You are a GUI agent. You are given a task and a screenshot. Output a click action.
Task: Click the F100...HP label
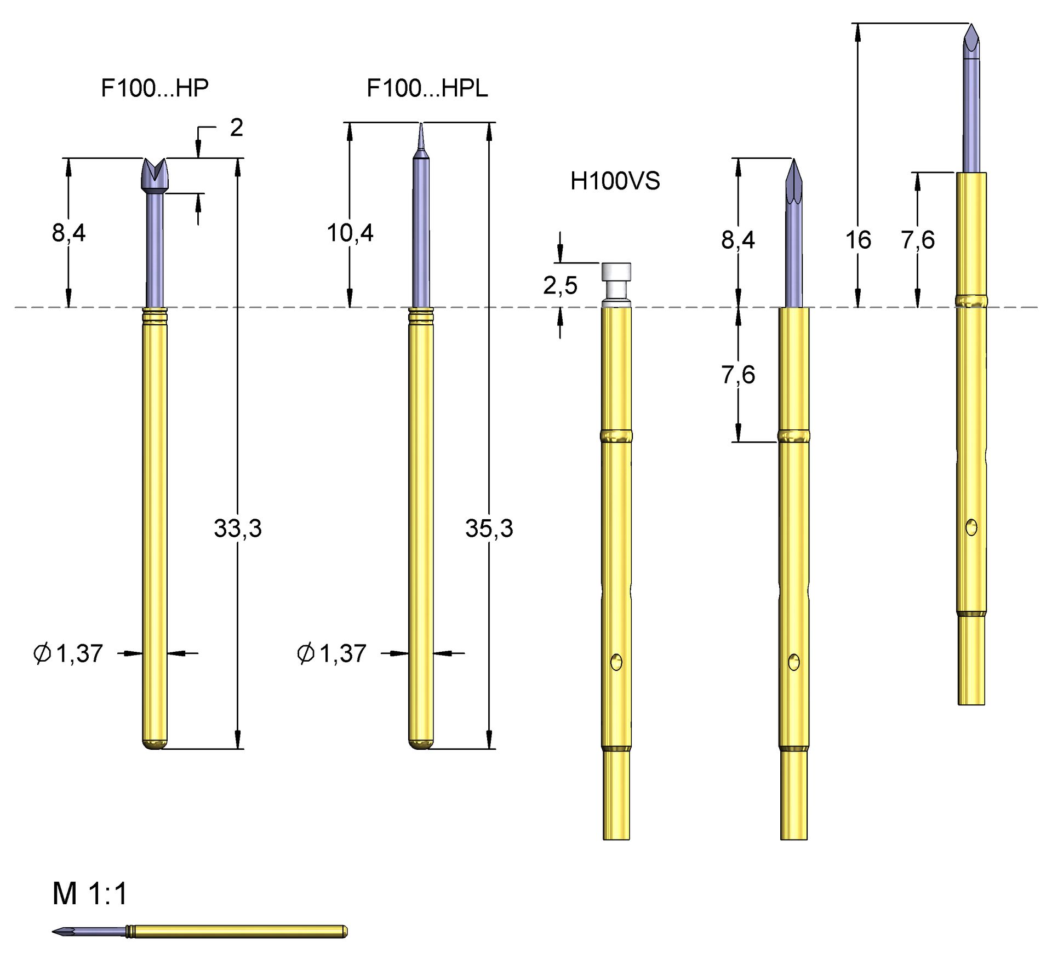[x=155, y=88]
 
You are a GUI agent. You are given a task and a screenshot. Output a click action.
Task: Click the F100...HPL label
[x=427, y=88]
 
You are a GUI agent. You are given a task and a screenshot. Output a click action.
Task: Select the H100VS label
[x=615, y=181]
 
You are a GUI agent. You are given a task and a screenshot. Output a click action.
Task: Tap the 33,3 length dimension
[x=238, y=529]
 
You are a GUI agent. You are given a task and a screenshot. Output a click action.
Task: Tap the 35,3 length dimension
[x=489, y=529]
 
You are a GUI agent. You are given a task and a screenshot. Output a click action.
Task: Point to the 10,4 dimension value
[x=350, y=233]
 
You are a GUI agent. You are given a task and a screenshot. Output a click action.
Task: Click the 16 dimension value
[x=857, y=240]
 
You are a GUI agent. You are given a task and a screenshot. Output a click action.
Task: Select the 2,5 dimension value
[x=560, y=285]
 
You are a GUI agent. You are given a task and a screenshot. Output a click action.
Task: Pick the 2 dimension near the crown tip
[x=236, y=128]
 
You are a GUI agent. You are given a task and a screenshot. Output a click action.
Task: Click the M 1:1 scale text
[x=90, y=894]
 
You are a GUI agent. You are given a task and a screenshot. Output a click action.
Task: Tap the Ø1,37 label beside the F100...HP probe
[x=68, y=653]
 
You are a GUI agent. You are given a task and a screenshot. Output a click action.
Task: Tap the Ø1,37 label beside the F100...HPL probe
[x=331, y=653]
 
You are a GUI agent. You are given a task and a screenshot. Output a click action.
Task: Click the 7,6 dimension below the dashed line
[x=737, y=375]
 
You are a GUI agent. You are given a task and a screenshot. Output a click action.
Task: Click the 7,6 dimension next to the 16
[x=918, y=240]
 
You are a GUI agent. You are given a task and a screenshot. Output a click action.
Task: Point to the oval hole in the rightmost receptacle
[x=971, y=527]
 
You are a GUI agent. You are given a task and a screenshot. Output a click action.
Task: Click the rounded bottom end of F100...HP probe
[x=155, y=744]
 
